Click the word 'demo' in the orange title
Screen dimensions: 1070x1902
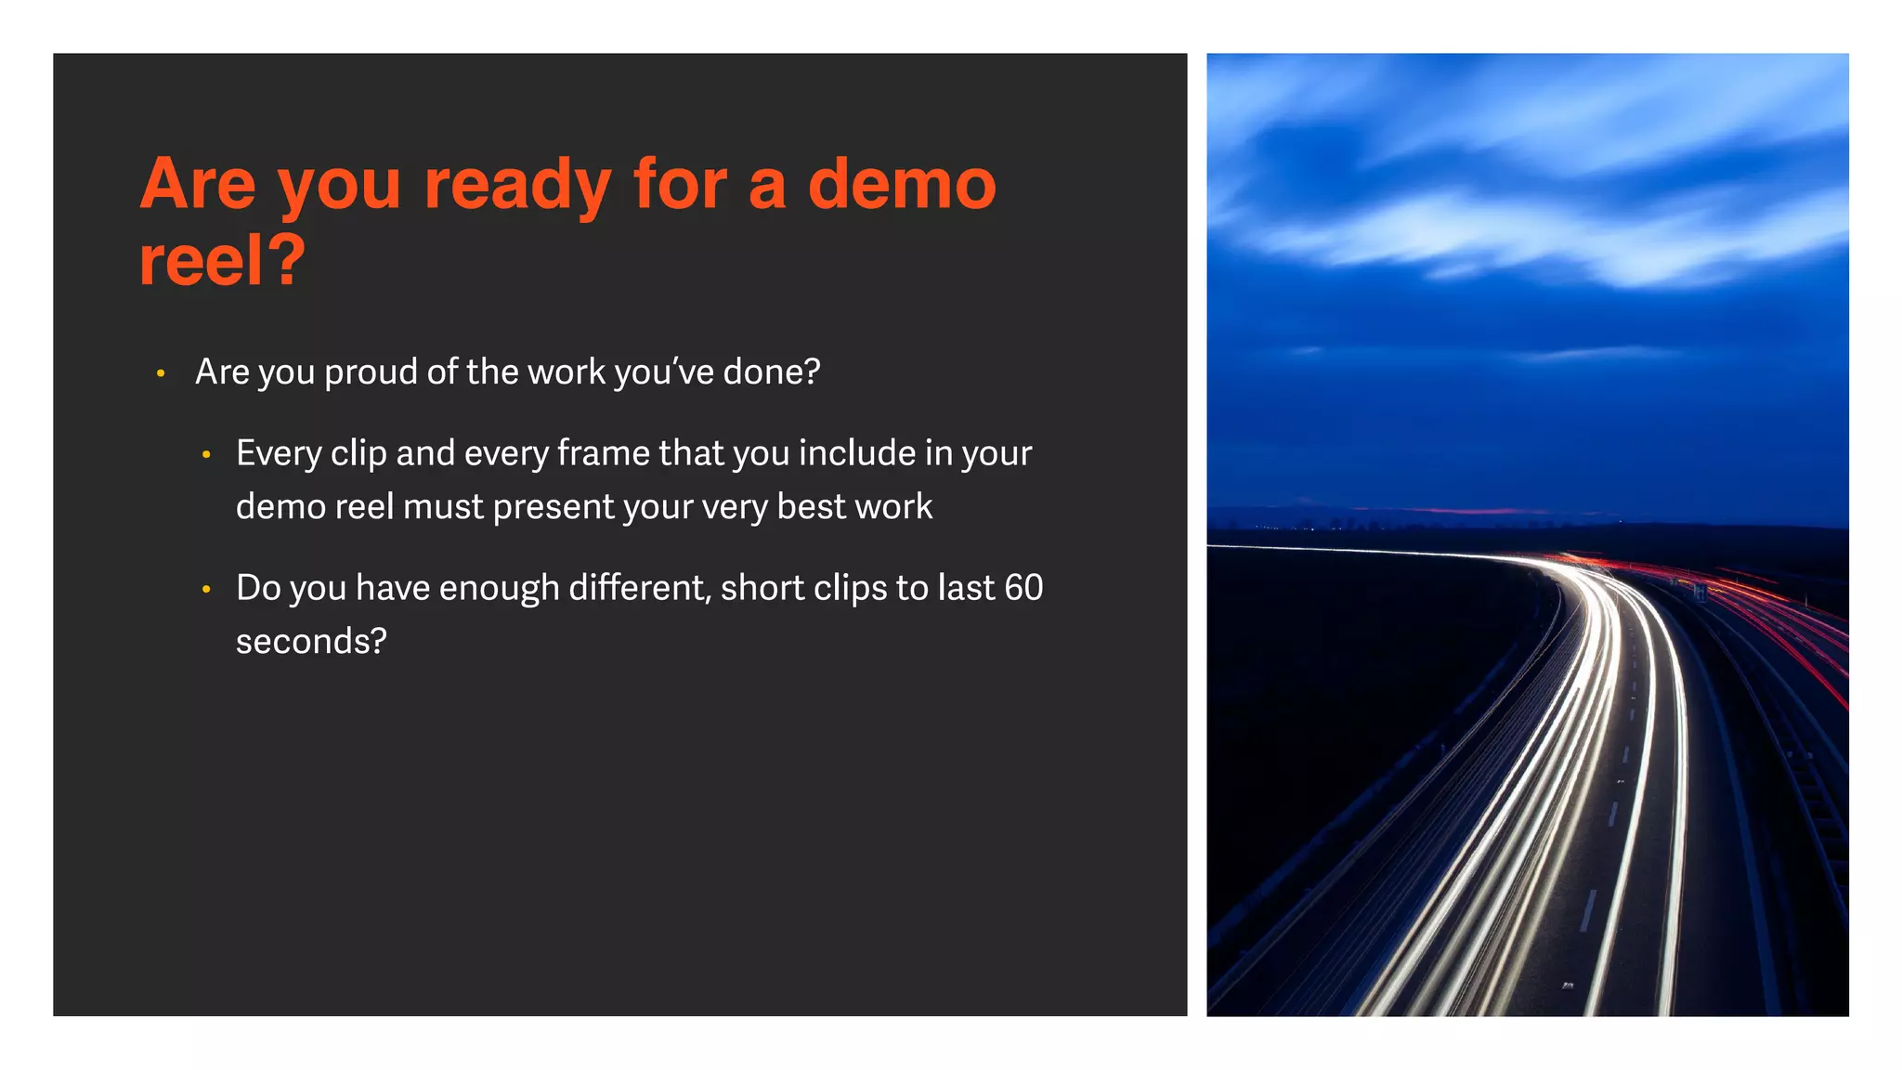tap(902, 184)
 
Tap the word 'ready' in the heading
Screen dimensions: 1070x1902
tap(517, 186)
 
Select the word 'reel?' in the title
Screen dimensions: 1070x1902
tap(222, 261)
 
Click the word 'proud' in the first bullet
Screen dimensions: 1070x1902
tap(371, 372)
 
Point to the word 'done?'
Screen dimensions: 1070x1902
tap(772, 372)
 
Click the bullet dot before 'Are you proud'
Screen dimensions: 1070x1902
tap(161, 373)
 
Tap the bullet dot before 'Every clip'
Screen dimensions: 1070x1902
tap(206, 455)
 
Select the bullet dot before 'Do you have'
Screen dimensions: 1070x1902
tap(206, 589)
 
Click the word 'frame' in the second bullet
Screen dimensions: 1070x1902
tap(604, 453)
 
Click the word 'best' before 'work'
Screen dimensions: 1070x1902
tap(811, 507)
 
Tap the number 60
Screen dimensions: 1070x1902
tap(1023, 588)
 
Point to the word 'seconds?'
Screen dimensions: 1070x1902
tap(311, 642)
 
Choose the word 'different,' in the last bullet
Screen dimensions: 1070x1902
tap(640, 588)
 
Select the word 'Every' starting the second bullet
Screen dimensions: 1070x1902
tap(278, 454)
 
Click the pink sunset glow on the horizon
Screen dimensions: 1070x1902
tap(1467, 510)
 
